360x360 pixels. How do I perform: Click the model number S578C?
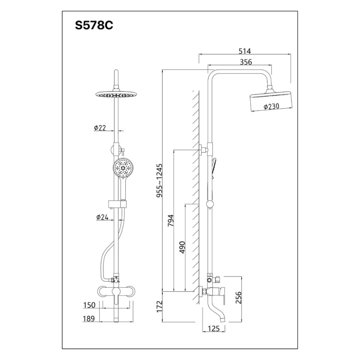94,27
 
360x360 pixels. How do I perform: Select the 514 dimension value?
244,51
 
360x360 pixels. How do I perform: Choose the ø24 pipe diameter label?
102,217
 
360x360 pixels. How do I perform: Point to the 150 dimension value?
89,305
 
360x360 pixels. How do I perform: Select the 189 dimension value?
89,318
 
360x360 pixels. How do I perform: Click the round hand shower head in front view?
123,169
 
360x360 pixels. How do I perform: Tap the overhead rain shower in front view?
114,94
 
